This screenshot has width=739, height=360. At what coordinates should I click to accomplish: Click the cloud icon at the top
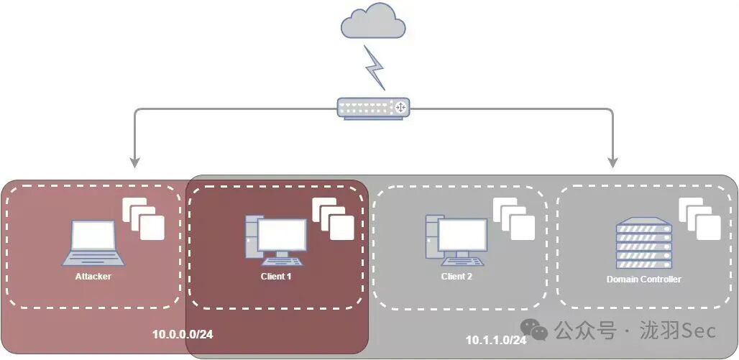point(372,22)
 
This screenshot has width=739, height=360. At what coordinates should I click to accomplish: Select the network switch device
point(373,107)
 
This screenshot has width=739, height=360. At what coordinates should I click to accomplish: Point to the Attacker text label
point(93,276)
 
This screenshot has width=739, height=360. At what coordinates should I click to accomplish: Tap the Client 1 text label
point(276,276)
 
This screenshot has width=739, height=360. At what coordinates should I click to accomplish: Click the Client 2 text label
point(456,276)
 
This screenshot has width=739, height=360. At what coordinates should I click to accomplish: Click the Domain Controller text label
point(643,279)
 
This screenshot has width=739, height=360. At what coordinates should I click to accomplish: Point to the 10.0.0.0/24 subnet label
point(182,334)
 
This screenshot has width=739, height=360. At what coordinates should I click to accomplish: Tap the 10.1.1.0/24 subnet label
point(496,339)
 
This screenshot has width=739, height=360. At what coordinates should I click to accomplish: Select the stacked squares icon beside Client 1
point(334,218)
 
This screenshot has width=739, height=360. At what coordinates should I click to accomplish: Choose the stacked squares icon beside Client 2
point(514,218)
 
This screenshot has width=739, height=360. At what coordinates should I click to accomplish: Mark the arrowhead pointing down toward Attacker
point(134,161)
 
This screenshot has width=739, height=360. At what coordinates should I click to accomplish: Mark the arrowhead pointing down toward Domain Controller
point(612,161)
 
